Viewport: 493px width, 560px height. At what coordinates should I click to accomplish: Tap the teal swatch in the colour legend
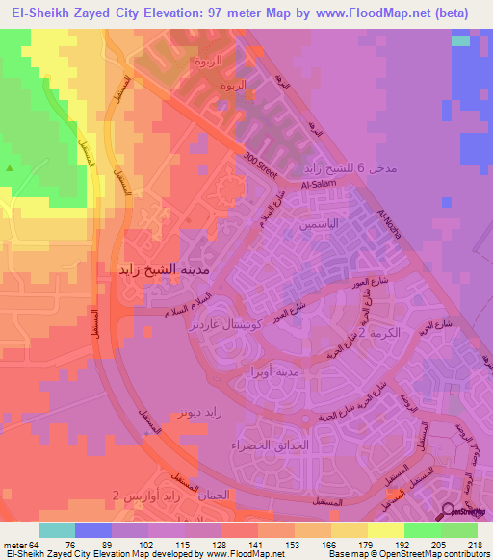click(57, 530)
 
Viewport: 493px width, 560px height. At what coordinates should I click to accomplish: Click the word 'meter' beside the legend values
click(13, 544)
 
